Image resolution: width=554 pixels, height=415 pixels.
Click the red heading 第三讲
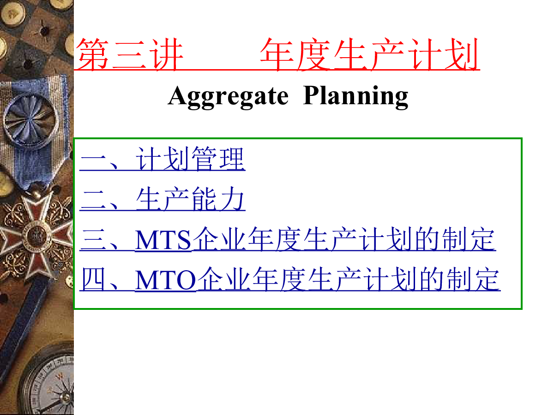(x=129, y=54)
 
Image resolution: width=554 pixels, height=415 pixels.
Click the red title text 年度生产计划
(x=369, y=54)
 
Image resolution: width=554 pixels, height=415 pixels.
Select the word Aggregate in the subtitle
(x=228, y=97)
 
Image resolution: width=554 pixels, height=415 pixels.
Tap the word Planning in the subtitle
(x=355, y=97)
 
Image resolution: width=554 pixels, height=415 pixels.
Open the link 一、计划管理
(x=163, y=159)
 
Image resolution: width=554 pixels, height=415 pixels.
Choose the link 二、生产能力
(x=163, y=199)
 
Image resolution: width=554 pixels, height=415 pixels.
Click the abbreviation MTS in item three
(x=163, y=240)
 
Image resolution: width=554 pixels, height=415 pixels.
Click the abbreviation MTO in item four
(x=166, y=280)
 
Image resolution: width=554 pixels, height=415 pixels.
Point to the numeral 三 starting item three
(x=93, y=239)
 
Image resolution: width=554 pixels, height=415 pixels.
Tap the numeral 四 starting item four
(x=93, y=279)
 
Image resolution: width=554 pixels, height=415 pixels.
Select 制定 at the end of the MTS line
(x=469, y=239)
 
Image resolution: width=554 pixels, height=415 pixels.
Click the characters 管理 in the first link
(x=218, y=159)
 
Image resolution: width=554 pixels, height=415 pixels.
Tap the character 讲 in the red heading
(x=166, y=54)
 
